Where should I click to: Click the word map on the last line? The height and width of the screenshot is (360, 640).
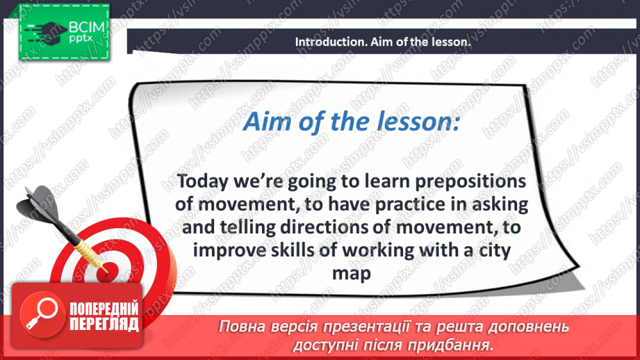point(352,274)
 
